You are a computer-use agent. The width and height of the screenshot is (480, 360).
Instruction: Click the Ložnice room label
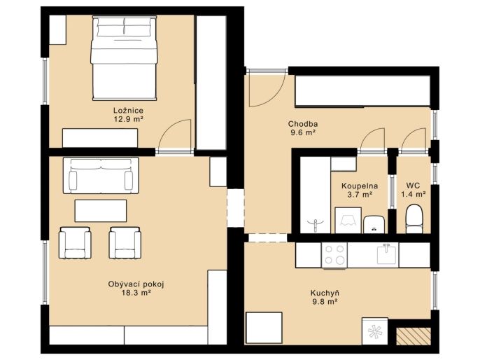[x=128, y=110]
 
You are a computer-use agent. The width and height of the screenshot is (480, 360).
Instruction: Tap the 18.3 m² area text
[x=136, y=293]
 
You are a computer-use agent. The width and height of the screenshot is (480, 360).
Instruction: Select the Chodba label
[x=303, y=124]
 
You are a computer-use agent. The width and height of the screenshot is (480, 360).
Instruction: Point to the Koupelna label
[x=360, y=186]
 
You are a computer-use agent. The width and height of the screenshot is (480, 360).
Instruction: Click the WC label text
[x=414, y=186]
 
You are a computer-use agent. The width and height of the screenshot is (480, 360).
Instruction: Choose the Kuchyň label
[x=325, y=293]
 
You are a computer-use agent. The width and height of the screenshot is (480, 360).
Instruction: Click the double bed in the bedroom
[x=125, y=58]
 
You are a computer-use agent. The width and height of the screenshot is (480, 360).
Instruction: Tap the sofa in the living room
[x=101, y=176]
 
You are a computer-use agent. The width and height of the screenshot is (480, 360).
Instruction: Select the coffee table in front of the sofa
[x=101, y=211]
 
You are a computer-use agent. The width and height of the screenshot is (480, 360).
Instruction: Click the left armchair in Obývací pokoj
[x=75, y=243]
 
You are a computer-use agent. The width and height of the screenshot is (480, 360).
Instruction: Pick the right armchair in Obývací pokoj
[x=125, y=243]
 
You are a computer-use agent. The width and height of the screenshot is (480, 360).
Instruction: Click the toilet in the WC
[x=414, y=219]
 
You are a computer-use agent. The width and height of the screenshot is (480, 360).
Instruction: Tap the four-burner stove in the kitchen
[x=334, y=255]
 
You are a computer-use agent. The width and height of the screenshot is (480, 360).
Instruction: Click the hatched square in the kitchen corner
[x=414, y=336]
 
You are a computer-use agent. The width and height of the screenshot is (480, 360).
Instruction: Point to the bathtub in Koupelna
[x=316, y=195]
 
